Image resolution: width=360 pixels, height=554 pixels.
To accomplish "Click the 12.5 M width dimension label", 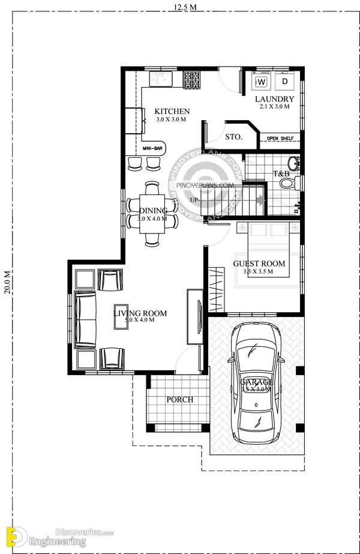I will click(185, 7).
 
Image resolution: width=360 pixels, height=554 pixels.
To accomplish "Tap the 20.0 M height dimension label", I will click(7, 282).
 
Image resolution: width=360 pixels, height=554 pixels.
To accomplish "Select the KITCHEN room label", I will click(172, 112).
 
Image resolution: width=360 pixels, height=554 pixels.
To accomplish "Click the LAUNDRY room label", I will click(274, 99).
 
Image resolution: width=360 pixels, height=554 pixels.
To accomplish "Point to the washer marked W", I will click(262, 81).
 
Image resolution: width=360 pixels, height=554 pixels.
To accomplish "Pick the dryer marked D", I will click(285, 81).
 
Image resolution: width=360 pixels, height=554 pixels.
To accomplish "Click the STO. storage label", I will click(233, 137).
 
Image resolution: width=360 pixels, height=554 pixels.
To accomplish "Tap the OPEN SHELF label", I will click(280, 139).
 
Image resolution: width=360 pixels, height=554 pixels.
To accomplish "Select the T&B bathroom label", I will click(281, 174).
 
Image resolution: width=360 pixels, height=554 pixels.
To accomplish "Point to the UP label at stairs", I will click(194, 199).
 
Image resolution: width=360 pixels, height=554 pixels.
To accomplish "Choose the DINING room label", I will click(154, 211).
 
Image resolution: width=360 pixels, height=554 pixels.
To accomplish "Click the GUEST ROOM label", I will click(259, 263).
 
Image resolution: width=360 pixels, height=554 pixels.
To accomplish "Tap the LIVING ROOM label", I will click(140, 313).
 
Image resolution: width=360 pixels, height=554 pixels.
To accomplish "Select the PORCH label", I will click(180, 400).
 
